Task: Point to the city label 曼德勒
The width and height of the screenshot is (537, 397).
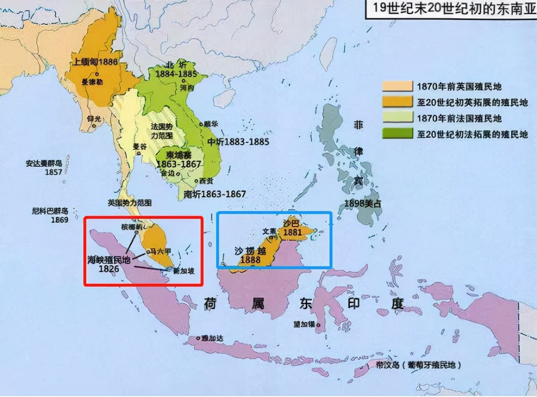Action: click(92, 82)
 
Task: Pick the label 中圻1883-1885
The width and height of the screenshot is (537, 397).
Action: click(238, 142)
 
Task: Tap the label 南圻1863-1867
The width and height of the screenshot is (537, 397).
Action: click(215, 194)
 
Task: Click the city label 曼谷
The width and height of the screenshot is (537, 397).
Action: click(139, 146)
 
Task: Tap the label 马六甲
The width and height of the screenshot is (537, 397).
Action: click(160, 251)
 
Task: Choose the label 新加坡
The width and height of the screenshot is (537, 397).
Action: click(184, 271)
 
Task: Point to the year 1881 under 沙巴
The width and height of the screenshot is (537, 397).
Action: click(293, 232)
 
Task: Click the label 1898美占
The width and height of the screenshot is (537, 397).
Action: click(363, 203)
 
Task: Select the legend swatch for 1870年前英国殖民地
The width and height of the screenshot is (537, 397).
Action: click(397, 87)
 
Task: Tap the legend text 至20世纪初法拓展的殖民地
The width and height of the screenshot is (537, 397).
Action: click(472, 134)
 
